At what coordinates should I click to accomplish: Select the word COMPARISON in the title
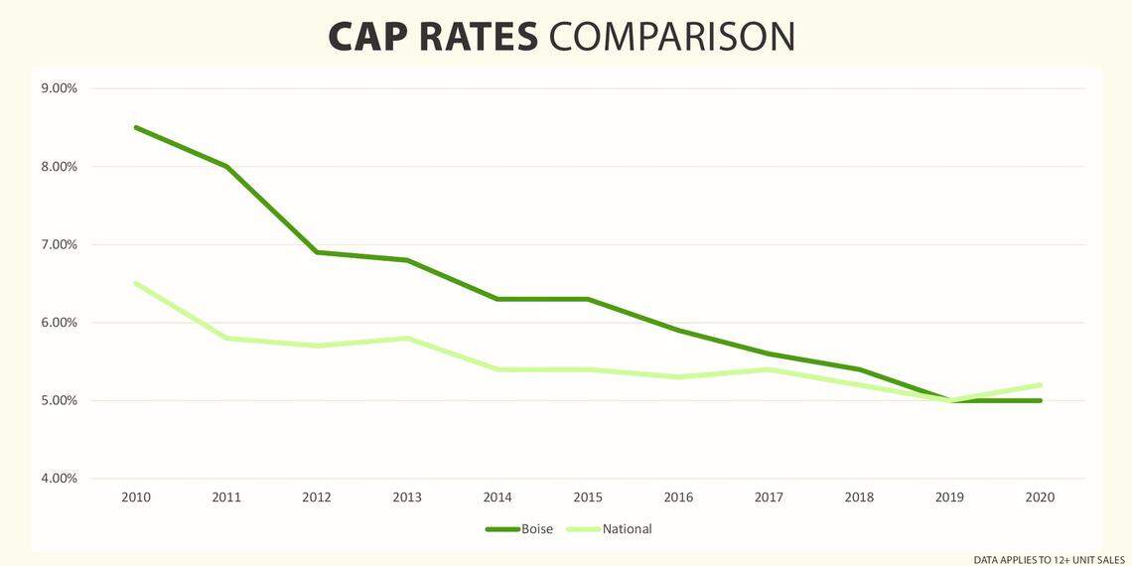(672, 37)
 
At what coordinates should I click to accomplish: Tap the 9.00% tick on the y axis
(59, 88)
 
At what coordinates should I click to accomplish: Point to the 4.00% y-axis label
(59, 479)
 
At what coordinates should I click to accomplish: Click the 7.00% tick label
(59, 244)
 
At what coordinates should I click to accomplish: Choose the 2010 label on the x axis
(136, 497)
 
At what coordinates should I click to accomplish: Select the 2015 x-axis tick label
(589, 497)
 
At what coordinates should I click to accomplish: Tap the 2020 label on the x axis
(1041, 497)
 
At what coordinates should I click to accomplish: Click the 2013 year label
(407, 497)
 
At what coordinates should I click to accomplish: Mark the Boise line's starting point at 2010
(136, 127)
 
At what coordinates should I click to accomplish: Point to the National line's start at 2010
(136, 283)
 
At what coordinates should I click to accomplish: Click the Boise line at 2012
(317, 252)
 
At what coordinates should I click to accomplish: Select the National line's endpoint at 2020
(1041, 385)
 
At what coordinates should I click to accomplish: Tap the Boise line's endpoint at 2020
(1041, 400)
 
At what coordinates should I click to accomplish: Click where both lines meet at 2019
(950, 400)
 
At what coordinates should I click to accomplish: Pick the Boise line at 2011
(226, 166)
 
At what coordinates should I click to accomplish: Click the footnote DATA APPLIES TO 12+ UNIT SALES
(1049, 560)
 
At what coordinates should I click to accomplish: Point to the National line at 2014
(498, 369)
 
